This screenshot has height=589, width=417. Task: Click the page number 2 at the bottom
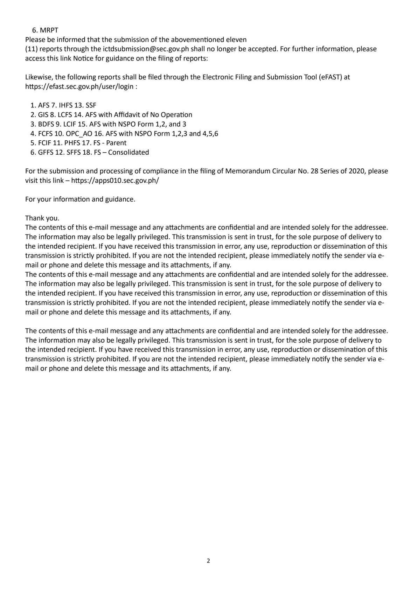pyautogui.click(x=208, y=561)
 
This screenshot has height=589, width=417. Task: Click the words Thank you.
pyautogui.click(x=42, y=218)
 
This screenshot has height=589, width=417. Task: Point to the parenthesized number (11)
pyautogui.click(x=31, y=49)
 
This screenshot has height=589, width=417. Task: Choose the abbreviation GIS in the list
pyautogui.click(x=43, y=114)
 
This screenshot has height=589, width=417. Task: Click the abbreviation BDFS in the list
pyautogui.click(x=46, y=124)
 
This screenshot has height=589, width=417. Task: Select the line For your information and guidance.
pyautogui.click(x=80, y=199)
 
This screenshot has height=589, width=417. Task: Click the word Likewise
pyautogui.click(x=39, y=77)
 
